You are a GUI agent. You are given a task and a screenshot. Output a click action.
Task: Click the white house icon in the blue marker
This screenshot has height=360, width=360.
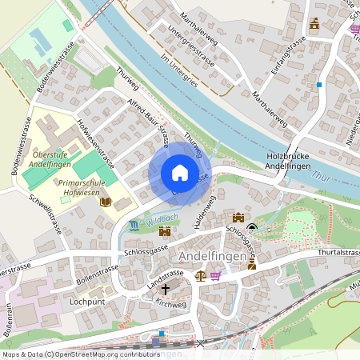[x=180, y=173]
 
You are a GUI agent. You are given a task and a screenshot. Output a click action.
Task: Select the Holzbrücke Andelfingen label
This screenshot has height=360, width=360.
[x=298, y=161]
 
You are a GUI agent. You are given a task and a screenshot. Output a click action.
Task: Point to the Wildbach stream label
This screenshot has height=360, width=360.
[x=162, y=218]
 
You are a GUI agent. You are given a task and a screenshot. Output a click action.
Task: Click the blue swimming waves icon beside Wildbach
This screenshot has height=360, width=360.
[x=133, y=226]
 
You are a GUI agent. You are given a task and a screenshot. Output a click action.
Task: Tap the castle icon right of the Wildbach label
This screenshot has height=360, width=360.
[x=165, y=231]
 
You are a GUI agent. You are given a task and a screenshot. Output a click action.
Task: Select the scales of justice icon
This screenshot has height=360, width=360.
[x=200, y=274]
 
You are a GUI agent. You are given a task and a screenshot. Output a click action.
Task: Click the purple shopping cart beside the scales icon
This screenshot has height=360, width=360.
[x=215, y=274]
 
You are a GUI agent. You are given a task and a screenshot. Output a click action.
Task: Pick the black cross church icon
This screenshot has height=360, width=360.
[x=166, y=289]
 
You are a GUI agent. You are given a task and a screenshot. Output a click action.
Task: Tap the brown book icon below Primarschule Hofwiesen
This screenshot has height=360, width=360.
[x=105, y=203]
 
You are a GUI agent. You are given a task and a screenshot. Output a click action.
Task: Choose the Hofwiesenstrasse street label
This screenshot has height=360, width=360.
[x=95, y=143]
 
